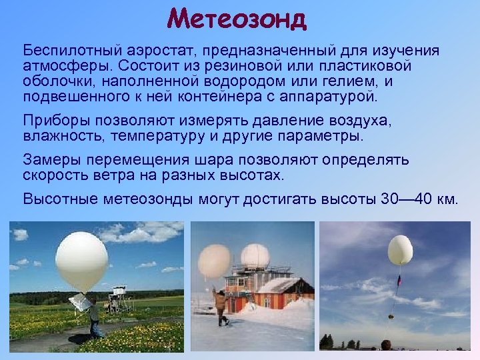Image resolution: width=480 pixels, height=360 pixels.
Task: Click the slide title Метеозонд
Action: pyautogui.click(x=237, y=18)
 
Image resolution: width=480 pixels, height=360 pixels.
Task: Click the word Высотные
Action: pyautogui.click(x=56, y=199)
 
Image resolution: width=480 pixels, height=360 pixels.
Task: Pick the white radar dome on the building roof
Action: pyautogui.click(x=255, y=256)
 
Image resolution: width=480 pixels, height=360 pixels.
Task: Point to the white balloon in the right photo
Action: pyautogui.click(x=400, y=250)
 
